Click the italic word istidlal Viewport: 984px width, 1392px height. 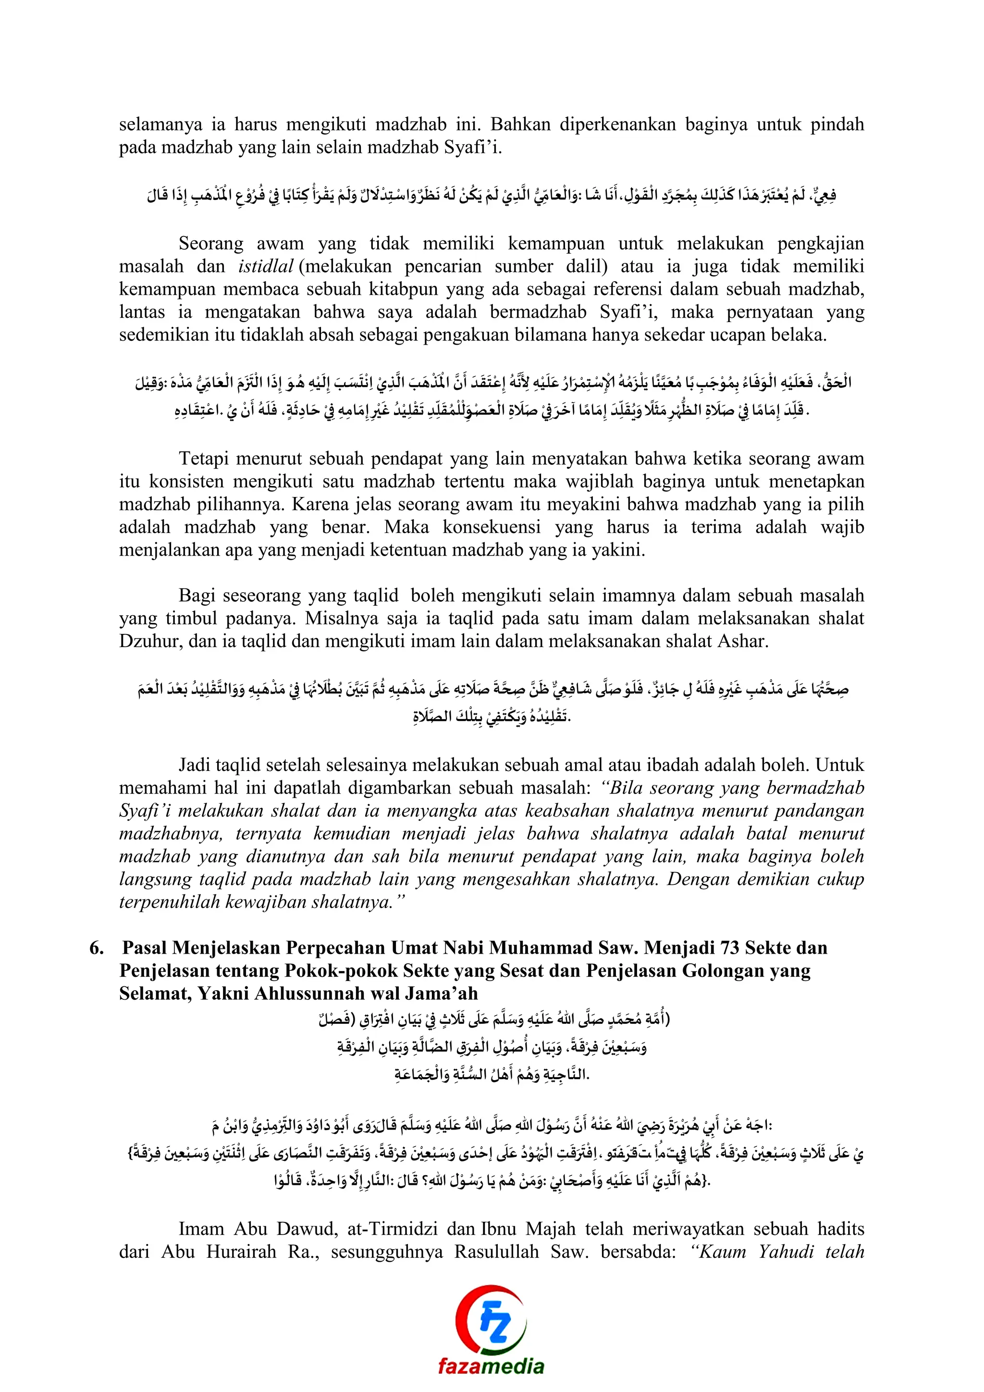265,266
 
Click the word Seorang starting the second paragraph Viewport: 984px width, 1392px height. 211,244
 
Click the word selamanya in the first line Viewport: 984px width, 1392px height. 160,125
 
